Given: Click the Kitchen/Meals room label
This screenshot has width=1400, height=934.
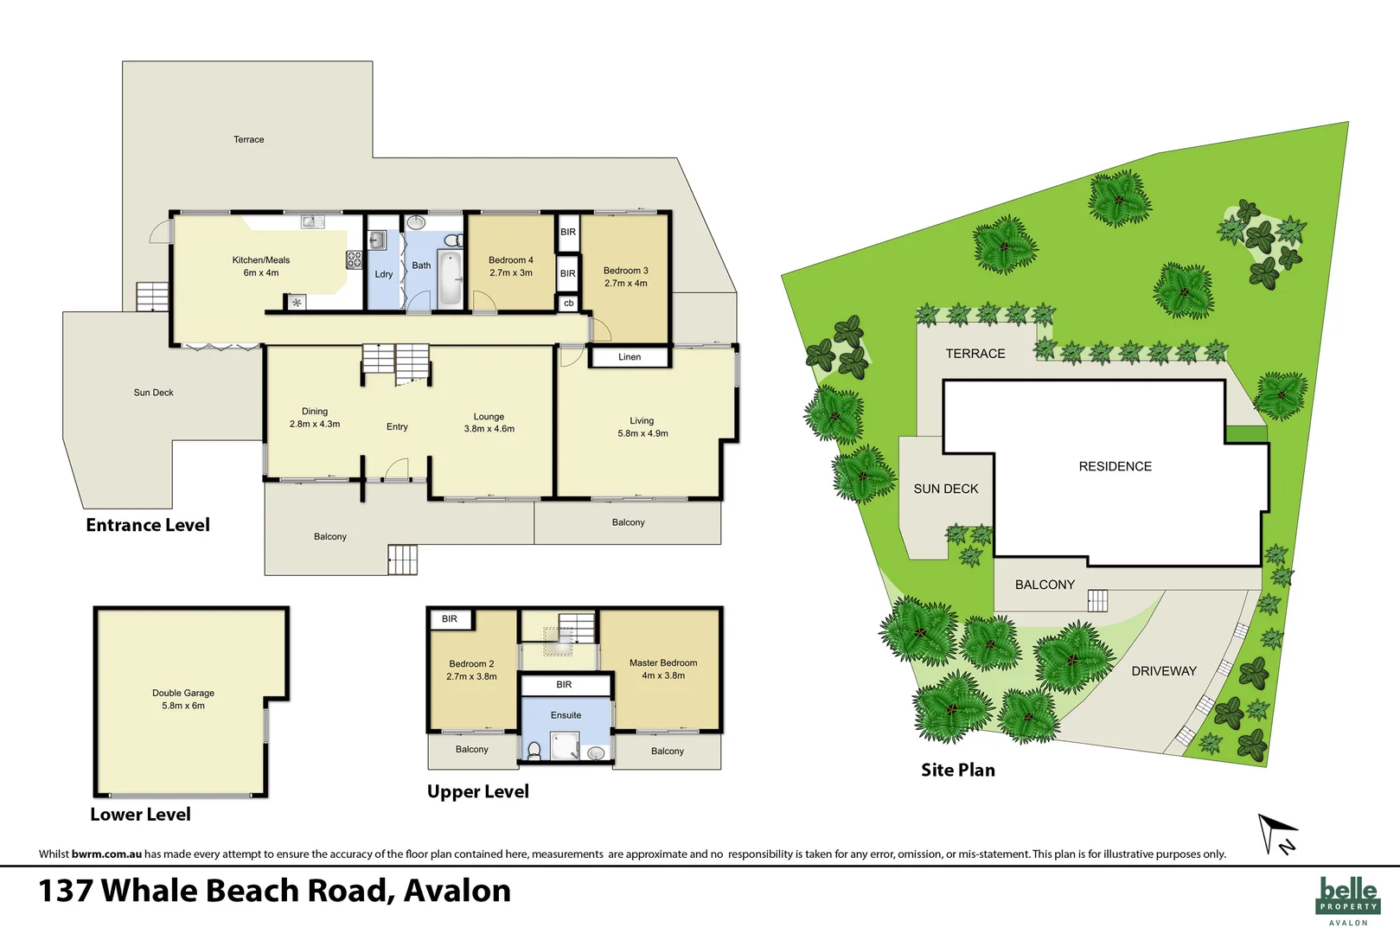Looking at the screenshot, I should point(260,260).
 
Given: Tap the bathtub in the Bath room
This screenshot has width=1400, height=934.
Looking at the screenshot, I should point(450,278).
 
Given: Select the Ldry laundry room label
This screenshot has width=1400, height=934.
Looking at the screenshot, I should point(384,274).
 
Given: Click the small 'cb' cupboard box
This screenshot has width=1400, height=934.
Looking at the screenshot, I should point(568,304).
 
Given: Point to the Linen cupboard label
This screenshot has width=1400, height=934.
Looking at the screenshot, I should point(630,357).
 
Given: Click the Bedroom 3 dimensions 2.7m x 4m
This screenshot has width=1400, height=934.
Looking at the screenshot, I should point(625,284).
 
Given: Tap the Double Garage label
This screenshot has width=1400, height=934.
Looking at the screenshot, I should point(183,693).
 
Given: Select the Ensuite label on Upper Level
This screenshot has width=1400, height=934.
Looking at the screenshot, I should point(566,715).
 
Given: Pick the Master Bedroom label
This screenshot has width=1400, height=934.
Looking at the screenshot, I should point(663,663).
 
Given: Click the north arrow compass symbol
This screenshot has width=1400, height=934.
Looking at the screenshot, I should point(1277,833).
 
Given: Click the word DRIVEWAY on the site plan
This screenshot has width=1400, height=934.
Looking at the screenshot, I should point(1164,671).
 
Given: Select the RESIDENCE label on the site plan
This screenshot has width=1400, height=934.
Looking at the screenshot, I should point(1115,467).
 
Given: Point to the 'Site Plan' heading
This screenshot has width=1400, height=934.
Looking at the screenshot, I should point(957,770).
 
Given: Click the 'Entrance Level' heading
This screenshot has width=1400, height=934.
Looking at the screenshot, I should point(148,525).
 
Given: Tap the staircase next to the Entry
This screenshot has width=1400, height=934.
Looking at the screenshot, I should point(395,359).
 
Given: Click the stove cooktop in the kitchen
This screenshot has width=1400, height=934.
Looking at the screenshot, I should point(354,259).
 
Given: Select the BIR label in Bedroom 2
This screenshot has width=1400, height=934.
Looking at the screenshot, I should point(450,619).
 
